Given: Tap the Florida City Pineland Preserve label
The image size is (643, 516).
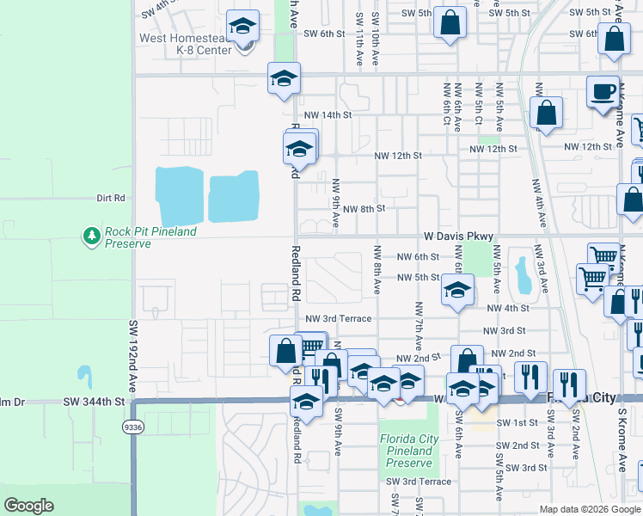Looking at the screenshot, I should pos(409,451).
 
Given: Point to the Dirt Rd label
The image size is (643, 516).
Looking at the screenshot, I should pos(111,198).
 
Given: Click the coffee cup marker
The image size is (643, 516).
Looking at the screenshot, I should pos(603,91).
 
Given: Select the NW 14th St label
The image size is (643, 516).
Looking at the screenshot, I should pos(328,114).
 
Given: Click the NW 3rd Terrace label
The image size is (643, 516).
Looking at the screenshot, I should pos(341,318).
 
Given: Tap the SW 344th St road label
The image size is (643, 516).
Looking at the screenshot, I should pos(94,402).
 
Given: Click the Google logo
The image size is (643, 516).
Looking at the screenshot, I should pos(28,506).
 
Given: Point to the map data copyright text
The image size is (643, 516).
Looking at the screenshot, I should pos(590,509).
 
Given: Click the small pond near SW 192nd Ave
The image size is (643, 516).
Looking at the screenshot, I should pos(83,376).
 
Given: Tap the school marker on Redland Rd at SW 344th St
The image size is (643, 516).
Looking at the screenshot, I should pos(306,401).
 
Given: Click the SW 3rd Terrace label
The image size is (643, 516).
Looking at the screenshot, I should pos(419,482).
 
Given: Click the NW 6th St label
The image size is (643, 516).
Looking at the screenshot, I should pos(418,257).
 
